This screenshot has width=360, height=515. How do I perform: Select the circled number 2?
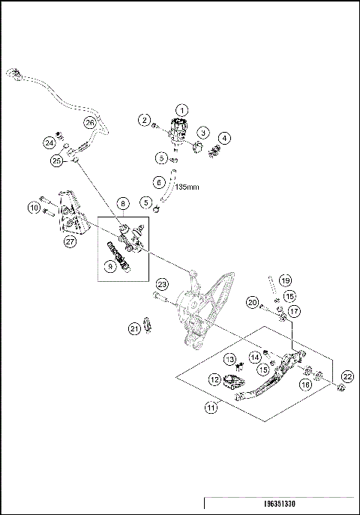pos(144,119)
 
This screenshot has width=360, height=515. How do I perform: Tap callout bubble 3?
pos(202,132)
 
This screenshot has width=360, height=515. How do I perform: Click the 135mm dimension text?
pos(192,189)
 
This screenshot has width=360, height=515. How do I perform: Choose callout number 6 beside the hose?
pos(158,181)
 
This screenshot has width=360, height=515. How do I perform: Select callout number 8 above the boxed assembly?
pos(122,203)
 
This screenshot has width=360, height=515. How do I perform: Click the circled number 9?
pos(112,265)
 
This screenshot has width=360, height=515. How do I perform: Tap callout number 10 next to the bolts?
pos(34,208)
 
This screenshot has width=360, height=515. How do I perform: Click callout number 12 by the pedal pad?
pos(214,380)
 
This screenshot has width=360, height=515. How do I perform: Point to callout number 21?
pos(135,328)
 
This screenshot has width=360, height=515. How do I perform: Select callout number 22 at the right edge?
pos(346,376)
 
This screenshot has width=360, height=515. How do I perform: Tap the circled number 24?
pos(49,142)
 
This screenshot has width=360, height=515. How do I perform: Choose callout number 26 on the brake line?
pos(89,122)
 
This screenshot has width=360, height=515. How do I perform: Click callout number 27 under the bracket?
pos(70,241)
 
